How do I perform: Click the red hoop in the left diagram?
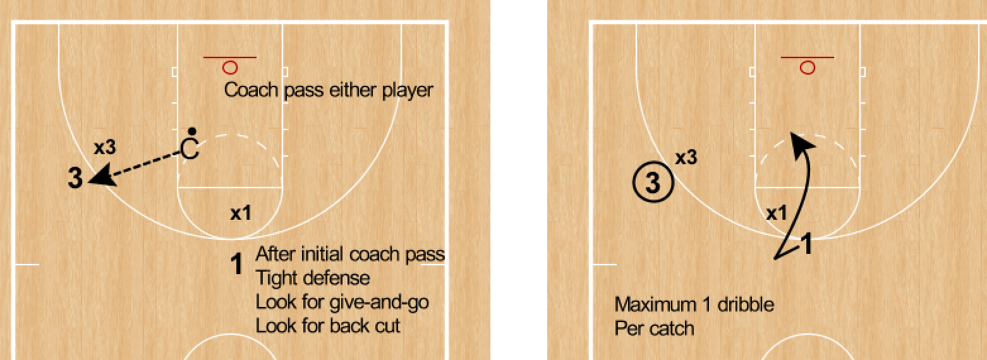(230, 66)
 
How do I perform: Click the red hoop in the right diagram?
(807, 66)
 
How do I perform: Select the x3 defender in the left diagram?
(104, 148)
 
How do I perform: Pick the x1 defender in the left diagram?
(240, 214)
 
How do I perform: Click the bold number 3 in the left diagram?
(75, 179)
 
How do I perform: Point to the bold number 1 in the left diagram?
(237, 264)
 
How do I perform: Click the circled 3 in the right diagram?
(653, 184)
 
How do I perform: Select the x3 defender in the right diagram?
(686, 158)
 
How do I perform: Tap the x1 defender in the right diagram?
(777, 214)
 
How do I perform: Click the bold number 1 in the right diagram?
(806, 244)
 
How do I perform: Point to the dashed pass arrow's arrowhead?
(99, 176)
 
